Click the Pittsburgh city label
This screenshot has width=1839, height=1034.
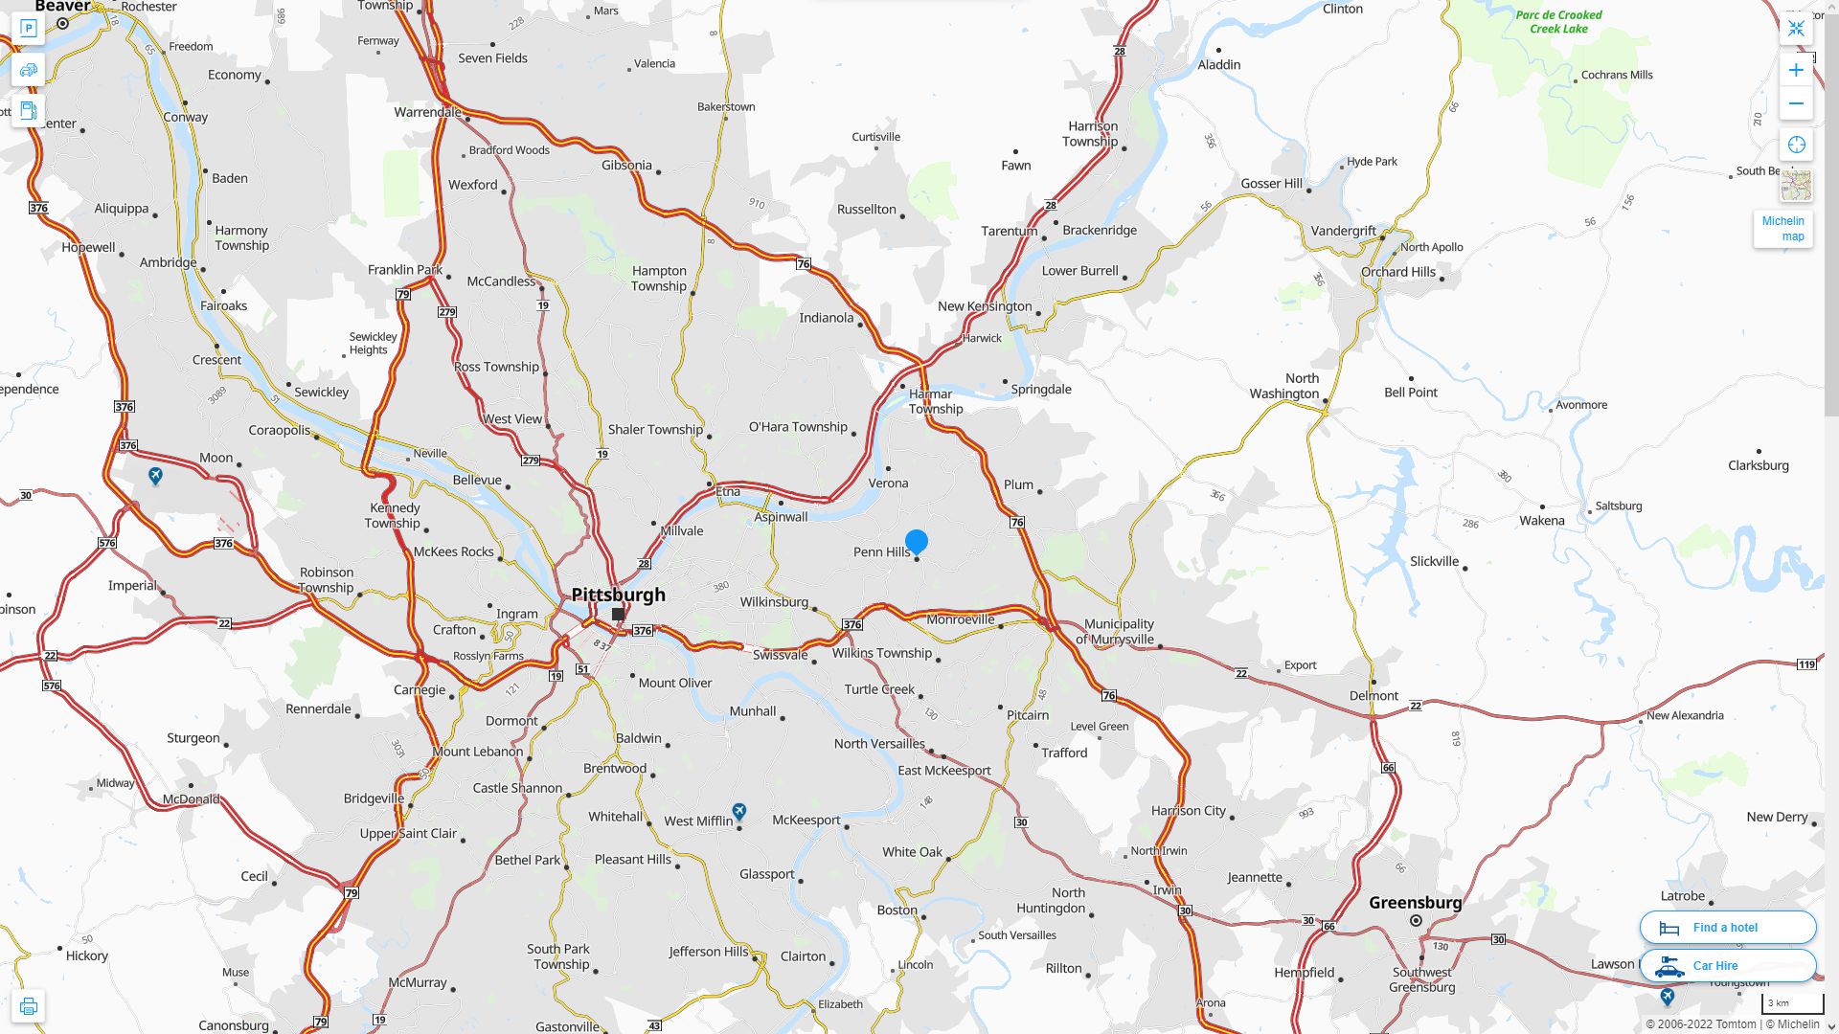(618, 595)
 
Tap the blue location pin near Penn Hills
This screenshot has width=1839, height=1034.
(917, 542)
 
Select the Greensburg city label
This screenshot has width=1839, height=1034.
(1415, 902)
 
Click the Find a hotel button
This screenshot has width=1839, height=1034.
(1727, 927)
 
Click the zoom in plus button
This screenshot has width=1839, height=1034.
(1796, 70)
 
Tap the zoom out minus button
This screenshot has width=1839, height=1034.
(1796, 103)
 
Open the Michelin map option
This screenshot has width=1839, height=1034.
(1782, 229)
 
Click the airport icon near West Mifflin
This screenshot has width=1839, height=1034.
(739, 812)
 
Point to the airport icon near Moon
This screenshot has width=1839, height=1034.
(155, 475)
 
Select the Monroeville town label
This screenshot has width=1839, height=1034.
(960, 619)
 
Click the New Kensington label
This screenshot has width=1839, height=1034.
(984, 306)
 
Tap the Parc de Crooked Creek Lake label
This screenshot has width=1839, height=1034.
(1558, 22)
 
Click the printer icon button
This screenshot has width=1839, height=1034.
(28, 1006)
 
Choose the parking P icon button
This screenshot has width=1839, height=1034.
(28, 29)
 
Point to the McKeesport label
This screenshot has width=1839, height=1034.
(806, 820)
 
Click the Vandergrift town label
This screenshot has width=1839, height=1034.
(1343, 231)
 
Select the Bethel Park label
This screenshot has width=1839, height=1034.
(527, 860)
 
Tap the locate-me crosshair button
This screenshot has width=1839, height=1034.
(1796, 145)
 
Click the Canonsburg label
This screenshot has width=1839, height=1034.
(233, 1024)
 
